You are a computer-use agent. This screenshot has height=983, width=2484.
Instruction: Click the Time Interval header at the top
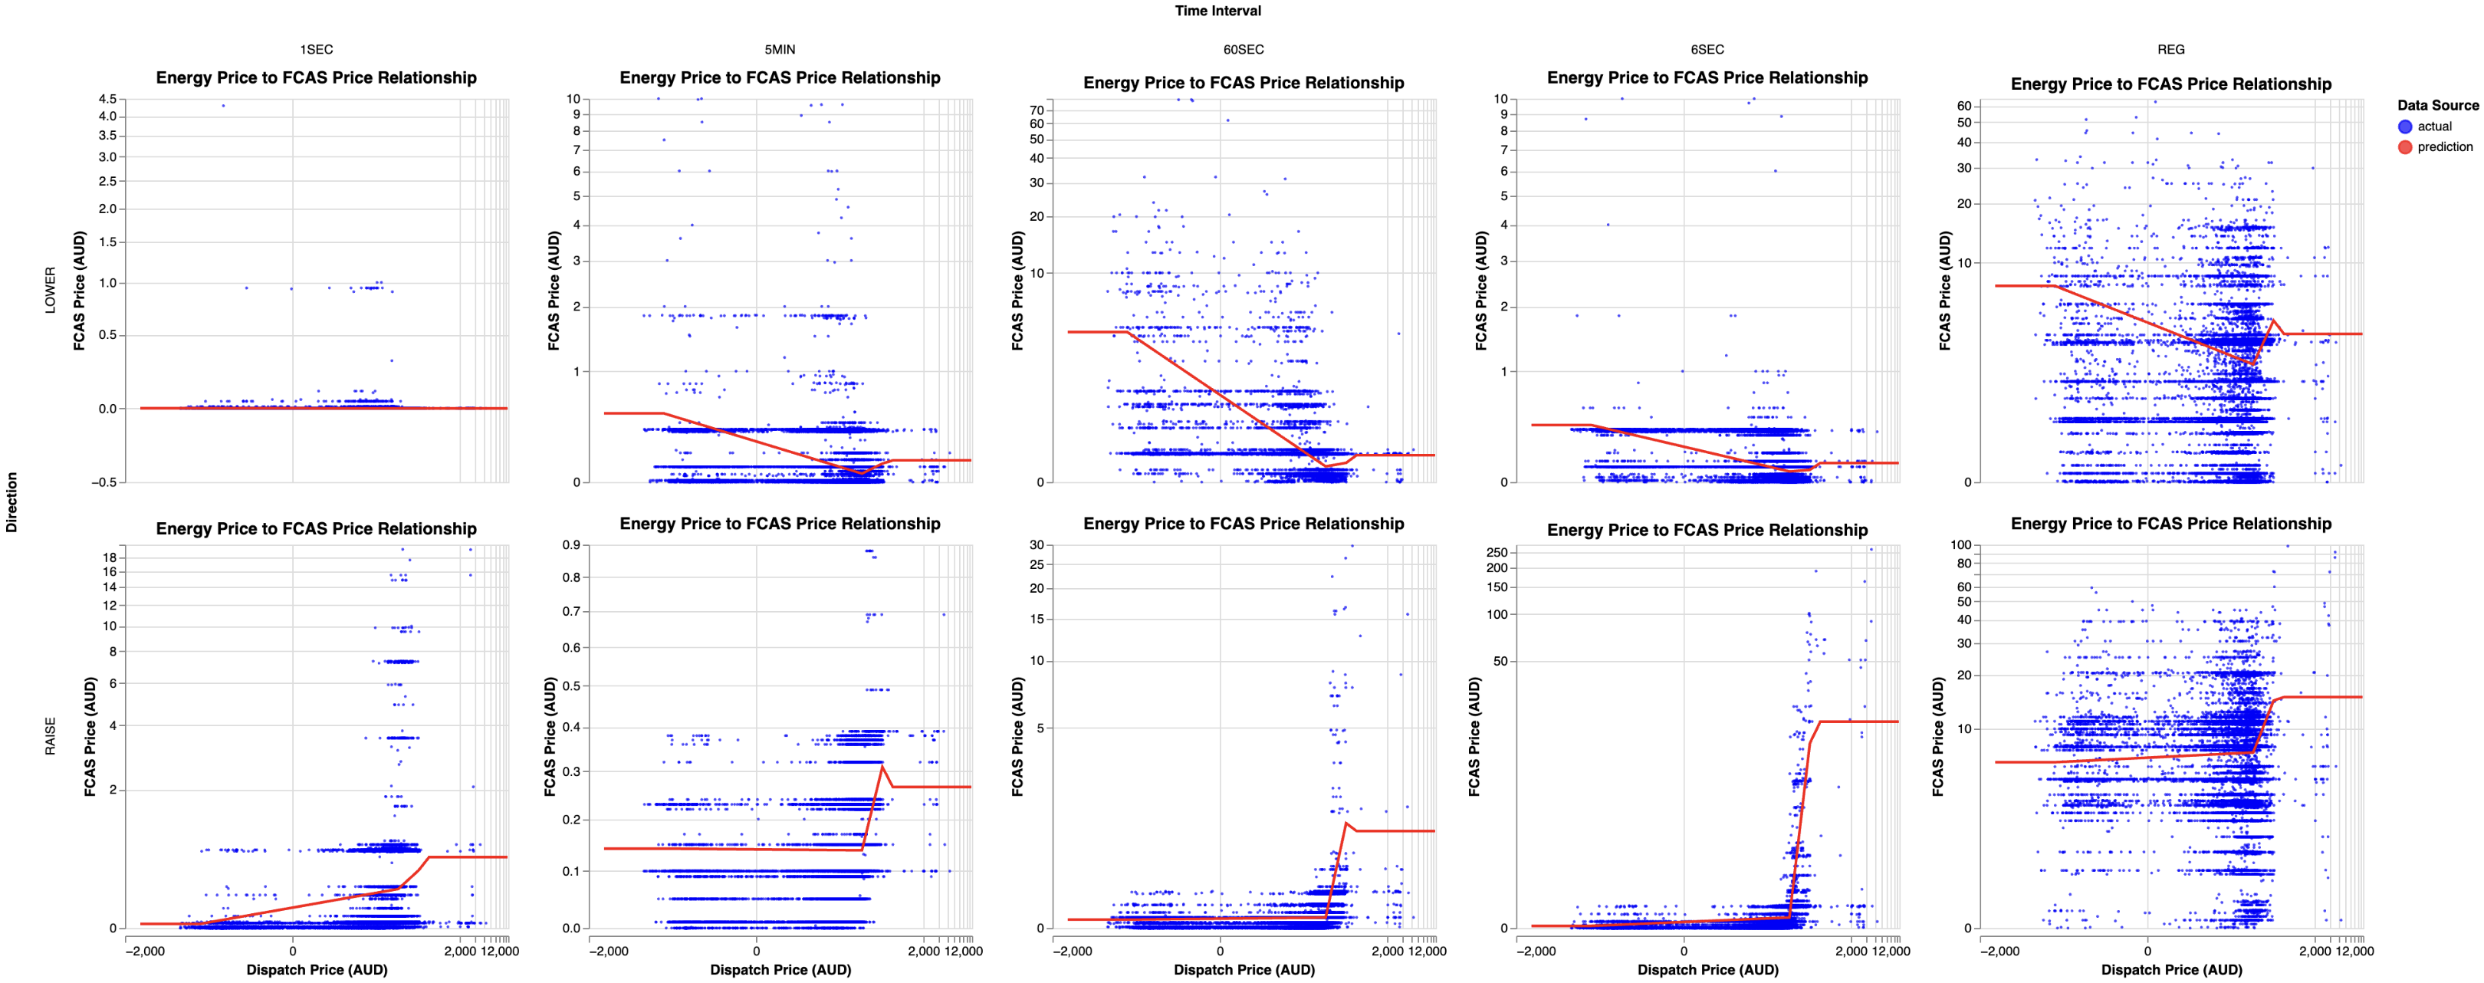(1217, 11)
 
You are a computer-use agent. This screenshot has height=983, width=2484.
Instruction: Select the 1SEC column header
(317, 49)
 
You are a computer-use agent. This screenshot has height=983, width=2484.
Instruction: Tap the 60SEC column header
(1243, 49)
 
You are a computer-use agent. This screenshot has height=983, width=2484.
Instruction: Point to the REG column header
(2170, 49)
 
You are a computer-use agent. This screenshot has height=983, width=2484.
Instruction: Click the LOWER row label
(50, 289)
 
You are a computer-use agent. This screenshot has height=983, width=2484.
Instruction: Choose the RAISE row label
(50, 736)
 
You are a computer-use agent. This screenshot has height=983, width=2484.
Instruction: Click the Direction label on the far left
(11, 501)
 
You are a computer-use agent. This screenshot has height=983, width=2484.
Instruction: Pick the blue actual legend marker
(2405, 127)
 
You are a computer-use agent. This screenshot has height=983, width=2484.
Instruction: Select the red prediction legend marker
(2405, 146)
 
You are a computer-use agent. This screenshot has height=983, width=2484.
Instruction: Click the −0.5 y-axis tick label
(104, 482)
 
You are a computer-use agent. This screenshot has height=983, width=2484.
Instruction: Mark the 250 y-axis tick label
(1497, 552)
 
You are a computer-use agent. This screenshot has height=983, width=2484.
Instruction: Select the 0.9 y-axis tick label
(571, 545)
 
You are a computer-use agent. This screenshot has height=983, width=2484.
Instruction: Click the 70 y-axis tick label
(1037, 110)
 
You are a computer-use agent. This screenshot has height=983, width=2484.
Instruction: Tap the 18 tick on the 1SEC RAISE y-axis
(109, 557)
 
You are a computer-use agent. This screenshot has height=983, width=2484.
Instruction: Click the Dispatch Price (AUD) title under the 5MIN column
(780, 969)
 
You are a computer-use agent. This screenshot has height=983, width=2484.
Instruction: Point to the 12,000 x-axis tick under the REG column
(2354, 951)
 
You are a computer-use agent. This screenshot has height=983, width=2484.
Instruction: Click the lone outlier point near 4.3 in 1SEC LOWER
(224, 106)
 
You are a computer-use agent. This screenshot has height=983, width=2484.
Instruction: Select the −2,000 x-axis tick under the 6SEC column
(1536, 951)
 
